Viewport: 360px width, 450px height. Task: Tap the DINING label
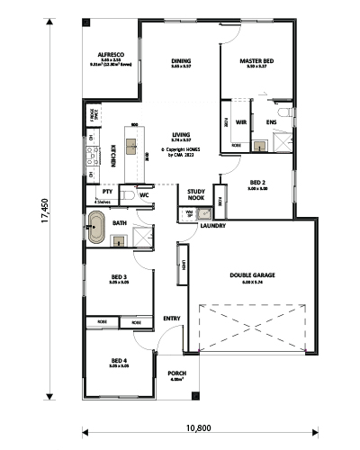pos(181,61)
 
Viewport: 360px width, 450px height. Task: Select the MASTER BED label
pos(256,61)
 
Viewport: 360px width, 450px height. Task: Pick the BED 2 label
pos(258,184)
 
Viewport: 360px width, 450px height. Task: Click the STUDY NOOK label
pos(195,194)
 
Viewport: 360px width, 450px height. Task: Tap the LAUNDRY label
pos(213,226)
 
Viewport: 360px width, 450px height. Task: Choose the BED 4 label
pos(119,361)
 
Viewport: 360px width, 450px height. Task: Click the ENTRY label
pos(171,319)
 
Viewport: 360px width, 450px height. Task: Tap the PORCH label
pos(177,373)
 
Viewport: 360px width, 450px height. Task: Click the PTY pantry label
pos(107,192)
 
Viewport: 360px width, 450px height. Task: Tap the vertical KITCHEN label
pos(112,156)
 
